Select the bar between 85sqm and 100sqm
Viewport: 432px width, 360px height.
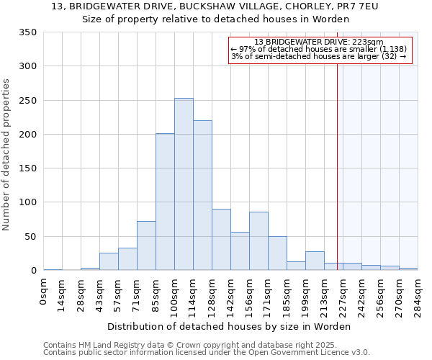[x=165, y=202]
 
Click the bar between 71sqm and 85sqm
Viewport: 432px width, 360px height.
[x=146, y=246]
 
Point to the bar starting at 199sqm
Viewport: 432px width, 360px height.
[x=315, y=261]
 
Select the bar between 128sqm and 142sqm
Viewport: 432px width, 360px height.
[x=221, y=240]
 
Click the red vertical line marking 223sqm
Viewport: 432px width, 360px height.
[x=337, y=166]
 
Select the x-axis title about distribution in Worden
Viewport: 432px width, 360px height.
[x=230, y=326]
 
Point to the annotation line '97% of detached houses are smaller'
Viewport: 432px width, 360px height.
[x=319, y=49]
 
